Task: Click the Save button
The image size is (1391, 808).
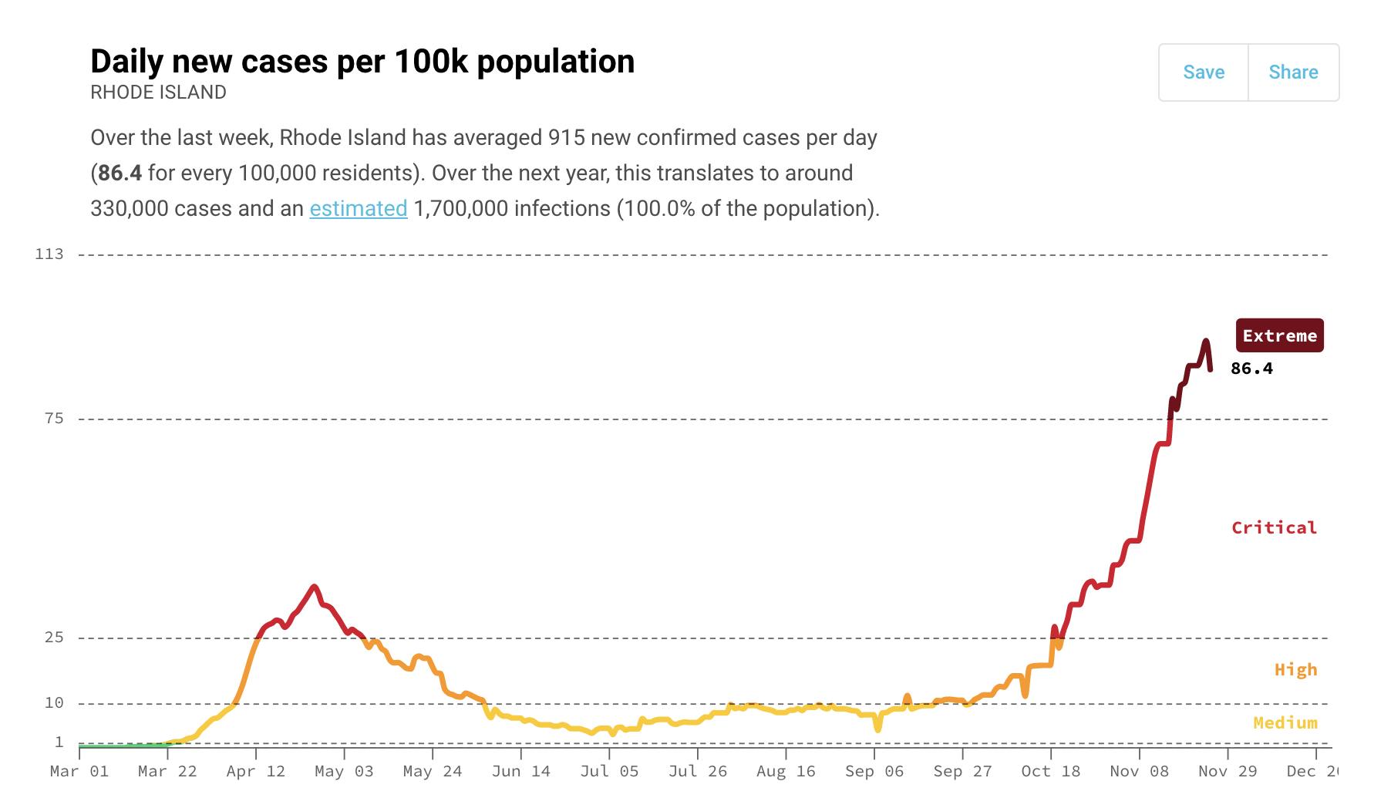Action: [1203, 72]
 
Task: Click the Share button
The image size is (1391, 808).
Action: [1293, 72]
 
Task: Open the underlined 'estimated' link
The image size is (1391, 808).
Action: [358, 208]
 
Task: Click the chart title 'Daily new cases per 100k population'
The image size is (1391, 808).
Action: [362, 61]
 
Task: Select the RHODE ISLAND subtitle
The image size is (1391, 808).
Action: [158, 93]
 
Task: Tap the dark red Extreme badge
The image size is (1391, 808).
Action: [1279, 335]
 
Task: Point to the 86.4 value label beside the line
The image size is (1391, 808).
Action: [1251, 369]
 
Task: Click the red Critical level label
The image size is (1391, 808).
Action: [1274, 527]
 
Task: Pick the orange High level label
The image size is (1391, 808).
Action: [1295, 669]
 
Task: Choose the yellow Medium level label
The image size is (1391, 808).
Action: [1285, 722]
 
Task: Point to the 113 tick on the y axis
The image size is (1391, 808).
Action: [49, 254]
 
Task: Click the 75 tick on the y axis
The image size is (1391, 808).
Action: [54, 419]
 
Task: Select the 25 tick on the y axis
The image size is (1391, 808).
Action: [54, 638]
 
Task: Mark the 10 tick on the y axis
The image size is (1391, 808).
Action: [54, 703]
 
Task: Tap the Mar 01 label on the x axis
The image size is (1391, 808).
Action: [79, 771]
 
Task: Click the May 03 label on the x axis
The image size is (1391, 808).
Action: [344, 771]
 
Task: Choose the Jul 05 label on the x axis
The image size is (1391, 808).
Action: [609, 771]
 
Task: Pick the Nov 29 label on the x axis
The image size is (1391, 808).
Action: [1228, 771]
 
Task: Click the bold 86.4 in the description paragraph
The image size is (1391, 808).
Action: [120, 173]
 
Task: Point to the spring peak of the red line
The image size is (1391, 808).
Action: [314, 587]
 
